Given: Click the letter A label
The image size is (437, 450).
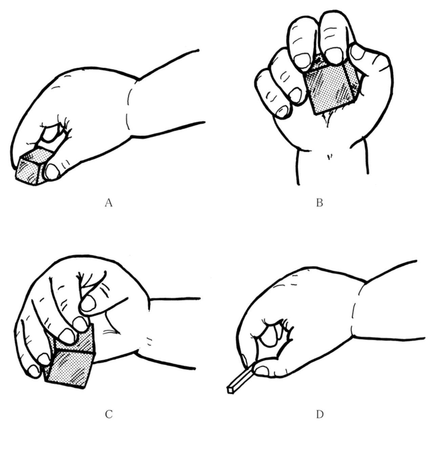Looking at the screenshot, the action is pos(108,203).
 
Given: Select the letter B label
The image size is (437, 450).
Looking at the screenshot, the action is pos(319,203).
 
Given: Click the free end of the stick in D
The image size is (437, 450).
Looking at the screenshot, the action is pos(230,390).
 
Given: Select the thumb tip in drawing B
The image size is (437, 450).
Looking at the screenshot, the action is pos(357,52).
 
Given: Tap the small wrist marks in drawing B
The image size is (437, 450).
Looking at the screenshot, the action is pos(329,157).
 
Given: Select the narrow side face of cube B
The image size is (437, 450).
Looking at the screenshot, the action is pos(351,80).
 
